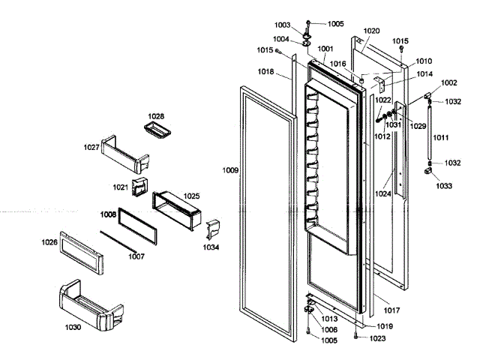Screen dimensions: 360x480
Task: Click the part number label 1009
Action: [230, 171]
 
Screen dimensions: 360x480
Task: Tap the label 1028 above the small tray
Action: [155, 116]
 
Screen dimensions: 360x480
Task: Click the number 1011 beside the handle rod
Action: [441, 138]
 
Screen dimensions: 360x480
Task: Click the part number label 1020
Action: [371, 31]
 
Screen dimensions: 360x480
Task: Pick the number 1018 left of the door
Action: [265, 71]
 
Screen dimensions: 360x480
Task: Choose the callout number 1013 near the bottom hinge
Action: [330, 319]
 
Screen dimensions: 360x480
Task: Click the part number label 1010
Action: [424, 61]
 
